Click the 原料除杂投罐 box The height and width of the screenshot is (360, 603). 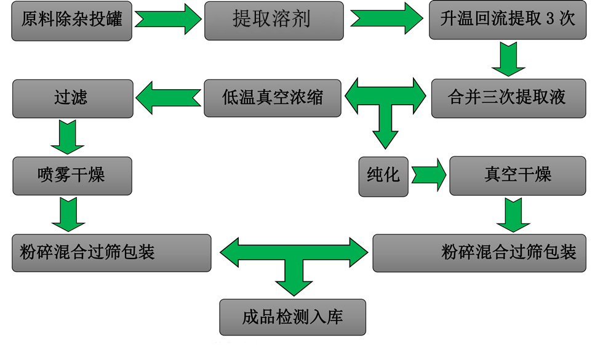click(72, 21)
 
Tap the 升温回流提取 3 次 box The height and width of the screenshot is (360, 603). click(508, 20)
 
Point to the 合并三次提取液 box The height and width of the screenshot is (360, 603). click(508, 98)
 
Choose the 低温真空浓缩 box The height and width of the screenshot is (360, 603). click(272, 98)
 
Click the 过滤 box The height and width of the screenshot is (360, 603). click(72, 98)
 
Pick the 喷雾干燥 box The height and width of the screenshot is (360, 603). click(72, 176)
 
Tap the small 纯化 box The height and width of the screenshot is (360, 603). click(383, 176)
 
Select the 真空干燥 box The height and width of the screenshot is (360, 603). click(517, 175)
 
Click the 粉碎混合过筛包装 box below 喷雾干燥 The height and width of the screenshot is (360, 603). click(111, 253)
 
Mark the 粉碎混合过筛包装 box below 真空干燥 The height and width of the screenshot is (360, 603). click(484, 253)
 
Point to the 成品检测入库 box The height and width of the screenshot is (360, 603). click(292, 317)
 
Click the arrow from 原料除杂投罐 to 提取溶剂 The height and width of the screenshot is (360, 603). click(168, 20)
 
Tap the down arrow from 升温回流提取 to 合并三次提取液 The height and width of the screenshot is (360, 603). click(508, 60)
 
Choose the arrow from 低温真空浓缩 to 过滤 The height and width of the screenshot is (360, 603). click(169, 98)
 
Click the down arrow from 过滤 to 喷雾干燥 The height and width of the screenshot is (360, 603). click(67, 137)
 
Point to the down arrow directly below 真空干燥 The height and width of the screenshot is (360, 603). click(513, 215)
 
